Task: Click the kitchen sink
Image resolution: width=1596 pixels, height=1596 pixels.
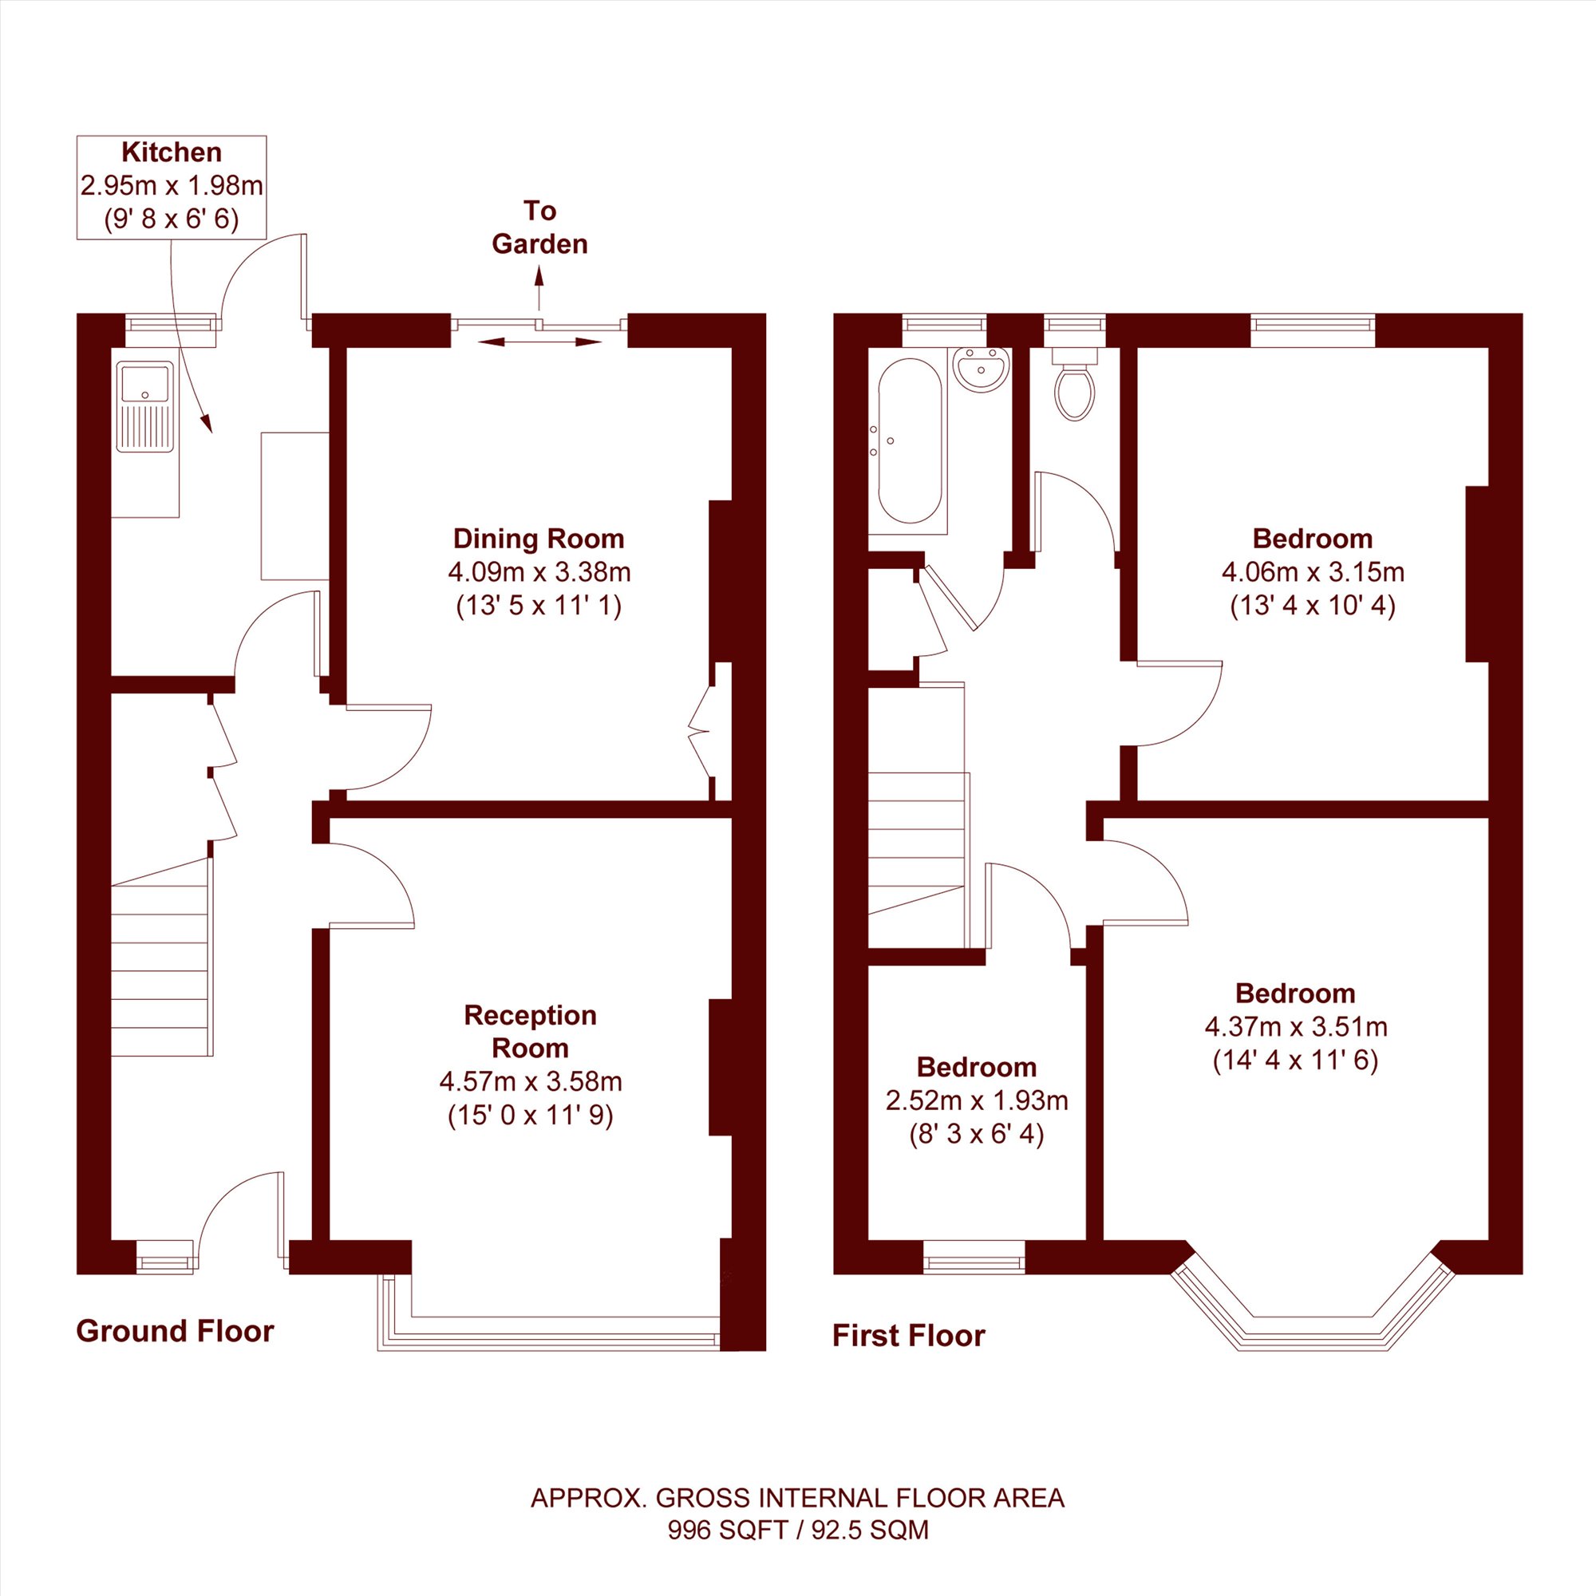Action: [x=145, y=406]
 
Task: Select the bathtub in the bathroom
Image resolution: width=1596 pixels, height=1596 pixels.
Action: [x=910, y=440]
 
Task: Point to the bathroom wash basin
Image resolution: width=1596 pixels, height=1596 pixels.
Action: [x=982, y=369]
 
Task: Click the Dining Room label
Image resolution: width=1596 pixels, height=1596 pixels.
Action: [x=539, y=539]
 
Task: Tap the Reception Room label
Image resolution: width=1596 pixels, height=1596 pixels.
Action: [x=531, y=1032]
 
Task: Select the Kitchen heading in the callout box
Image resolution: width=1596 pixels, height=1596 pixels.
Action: [x=172, y=152]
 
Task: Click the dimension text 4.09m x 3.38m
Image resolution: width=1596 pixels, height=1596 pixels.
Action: [x=539, y=571]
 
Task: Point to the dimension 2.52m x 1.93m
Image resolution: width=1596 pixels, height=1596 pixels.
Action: [x=977, y=1100]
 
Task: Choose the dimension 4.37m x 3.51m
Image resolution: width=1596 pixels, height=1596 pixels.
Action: [x=1295, y=1027]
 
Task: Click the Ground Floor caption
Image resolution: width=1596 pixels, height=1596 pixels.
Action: [x=175, y=1331]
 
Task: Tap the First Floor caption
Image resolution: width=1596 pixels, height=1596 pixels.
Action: [x=909, y=1336]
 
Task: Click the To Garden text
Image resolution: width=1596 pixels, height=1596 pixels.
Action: [x=539, y=227]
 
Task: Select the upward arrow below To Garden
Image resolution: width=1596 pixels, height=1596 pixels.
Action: [x=539, y=287]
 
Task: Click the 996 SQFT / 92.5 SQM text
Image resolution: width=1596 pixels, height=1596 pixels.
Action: [x=798, y=1531]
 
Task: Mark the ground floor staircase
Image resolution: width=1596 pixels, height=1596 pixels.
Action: [x=162, y=957]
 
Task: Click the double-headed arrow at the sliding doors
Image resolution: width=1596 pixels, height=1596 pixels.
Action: [x=539, y=342]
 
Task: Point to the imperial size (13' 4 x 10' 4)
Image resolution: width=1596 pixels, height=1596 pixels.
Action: [x=1313, y=606]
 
